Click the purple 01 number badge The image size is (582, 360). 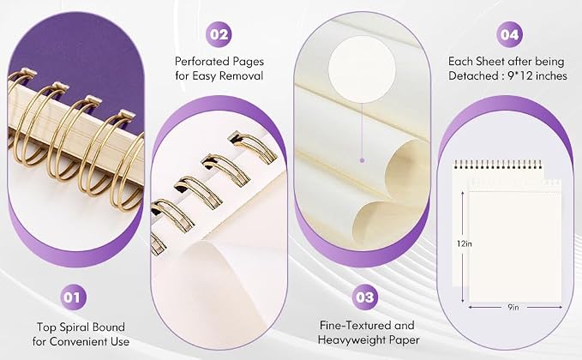[73, 297]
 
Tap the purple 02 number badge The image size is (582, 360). [219, 34]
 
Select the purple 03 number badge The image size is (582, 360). [365, 297]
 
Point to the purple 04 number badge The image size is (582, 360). [509, 34]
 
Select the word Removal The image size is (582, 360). [242, 75]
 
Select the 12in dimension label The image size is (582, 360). [465, 243]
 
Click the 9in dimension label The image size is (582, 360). [513, 307]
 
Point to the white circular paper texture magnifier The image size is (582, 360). [362, 69]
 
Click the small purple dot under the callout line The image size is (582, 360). [362, 160]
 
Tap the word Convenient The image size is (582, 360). [79, 341]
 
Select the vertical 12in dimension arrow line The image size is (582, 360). [463, 247]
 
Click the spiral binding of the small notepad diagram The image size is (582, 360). [498, 164]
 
